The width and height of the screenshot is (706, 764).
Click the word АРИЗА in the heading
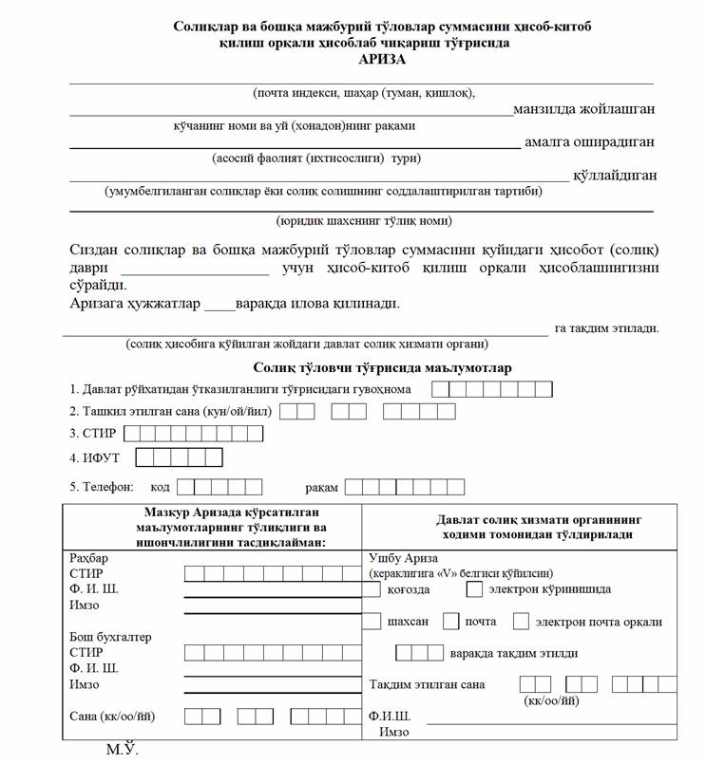(x=381, y=60)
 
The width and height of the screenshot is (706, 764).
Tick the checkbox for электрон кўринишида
(x=475, y=589)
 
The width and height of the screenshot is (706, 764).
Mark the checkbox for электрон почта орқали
(x=521, y=623)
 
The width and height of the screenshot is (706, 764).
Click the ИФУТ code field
(x=179, y=458)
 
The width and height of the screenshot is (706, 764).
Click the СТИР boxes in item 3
(x=194, y=434)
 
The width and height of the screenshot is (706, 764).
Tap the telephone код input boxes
(x=219, y=487)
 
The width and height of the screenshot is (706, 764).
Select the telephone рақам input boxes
(x=404, y=487)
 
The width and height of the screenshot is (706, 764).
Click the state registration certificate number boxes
(x=491, y=389)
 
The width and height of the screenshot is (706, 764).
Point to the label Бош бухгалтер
(x=110, y=637)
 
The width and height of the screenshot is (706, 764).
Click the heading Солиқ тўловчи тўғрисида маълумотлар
(x=382, y=367)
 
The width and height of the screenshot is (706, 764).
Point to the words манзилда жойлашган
(x=583, y=109)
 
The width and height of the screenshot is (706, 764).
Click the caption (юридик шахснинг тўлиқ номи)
(x=364, y=221)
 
